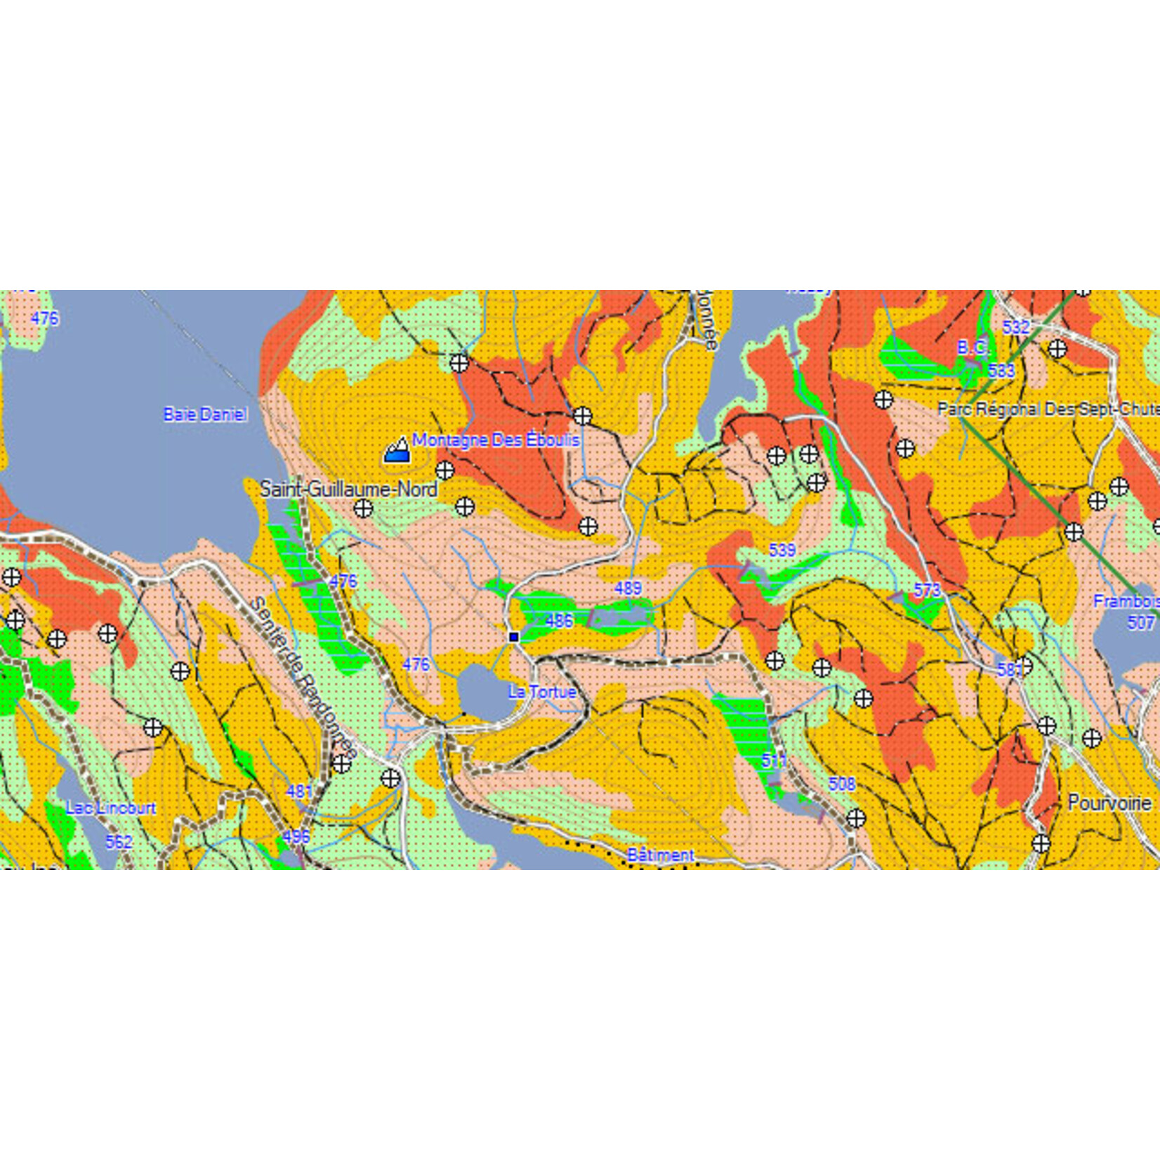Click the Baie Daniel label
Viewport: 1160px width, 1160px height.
click(205, 414)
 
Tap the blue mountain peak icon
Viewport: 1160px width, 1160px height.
click(397, 451)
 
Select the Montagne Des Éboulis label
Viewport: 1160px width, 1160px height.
click(496, 440)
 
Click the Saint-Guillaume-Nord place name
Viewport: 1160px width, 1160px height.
click(348, 489)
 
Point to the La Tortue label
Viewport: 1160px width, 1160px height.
click(542, 692)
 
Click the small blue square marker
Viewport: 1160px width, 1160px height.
click(513, 637)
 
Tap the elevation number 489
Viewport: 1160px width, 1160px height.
click(628, 588)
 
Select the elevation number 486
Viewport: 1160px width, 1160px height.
click(559, 621)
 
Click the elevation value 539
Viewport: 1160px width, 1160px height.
click(782, 550)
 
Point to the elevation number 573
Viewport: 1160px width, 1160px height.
click(927, 590)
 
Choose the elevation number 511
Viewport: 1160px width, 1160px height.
click(775, 760)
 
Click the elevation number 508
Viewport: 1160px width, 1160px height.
click(842, 784)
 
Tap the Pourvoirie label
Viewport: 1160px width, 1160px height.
click(1109, 803)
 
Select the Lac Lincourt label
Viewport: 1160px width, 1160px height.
click(111, 808)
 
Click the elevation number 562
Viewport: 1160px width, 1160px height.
click(119, 841)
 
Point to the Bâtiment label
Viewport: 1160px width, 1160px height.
click(660, 855)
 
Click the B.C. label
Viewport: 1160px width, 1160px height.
click(973, 348)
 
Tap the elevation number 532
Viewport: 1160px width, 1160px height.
click(1015, 327)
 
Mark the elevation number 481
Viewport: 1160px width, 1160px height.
click(299, 791)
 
